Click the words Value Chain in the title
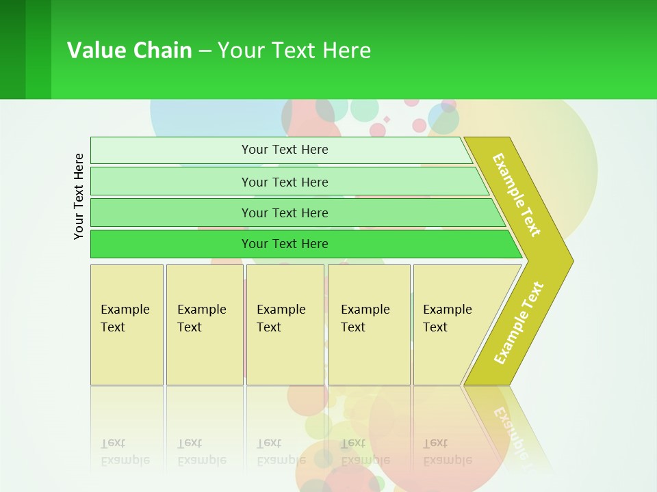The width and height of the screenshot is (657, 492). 129,50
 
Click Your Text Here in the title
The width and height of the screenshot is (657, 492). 294,50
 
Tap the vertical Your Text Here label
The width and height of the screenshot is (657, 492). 79,196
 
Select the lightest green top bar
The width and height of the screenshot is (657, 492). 284,150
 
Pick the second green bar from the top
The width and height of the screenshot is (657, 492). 284,182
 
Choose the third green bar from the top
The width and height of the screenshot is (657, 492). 284,213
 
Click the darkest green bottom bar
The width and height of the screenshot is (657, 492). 284,244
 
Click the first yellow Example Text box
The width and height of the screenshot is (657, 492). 127,325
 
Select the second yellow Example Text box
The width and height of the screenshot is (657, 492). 204,325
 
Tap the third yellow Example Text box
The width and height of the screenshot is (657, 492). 285,325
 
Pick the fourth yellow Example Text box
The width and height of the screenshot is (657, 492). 368,325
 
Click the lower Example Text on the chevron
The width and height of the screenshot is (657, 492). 519,323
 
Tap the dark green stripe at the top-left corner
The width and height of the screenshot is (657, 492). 12,49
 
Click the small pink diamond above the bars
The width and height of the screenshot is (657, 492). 387,120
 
